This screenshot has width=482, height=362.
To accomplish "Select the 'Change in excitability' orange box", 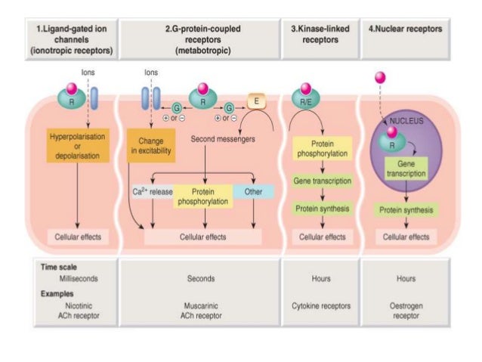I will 152,144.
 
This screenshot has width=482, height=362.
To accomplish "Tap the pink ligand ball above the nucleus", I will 379,77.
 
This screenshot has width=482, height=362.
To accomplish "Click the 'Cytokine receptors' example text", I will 321,306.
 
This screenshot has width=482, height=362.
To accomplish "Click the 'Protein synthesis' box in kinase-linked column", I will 321,209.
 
